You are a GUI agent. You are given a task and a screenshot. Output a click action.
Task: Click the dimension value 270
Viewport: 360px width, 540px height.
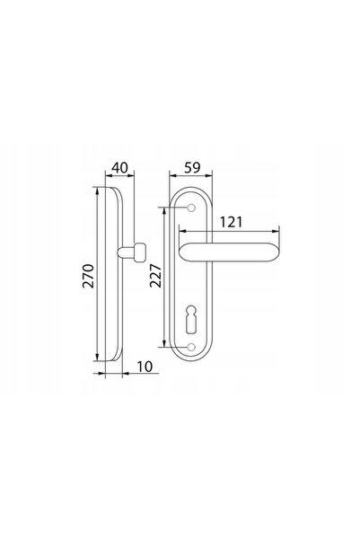pyautogui.click(x=88, y=276)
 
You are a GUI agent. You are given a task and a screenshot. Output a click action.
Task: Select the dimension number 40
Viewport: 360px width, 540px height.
pyautogui.click(x=119, y=168)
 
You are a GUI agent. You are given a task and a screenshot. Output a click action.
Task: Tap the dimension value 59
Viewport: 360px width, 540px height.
pyautogui.click(x=192, y=168)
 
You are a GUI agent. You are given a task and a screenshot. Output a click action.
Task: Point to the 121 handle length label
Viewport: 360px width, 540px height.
pyautogui.click(x=231, y=222)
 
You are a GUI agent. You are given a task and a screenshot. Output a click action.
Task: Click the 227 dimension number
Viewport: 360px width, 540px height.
pyautogui.click(x=155, y=276)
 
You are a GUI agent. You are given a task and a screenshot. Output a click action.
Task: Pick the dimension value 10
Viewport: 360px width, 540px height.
pyautogui.click(x=145, y=367)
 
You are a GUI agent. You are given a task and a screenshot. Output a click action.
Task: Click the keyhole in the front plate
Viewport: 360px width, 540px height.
pyautogui.click(x=190, y=319)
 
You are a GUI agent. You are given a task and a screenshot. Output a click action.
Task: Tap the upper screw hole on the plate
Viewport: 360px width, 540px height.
pyautogui.click(x=191, y=208)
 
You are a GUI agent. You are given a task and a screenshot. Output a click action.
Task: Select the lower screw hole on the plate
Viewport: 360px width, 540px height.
pyautogui.click(x=191, y=347)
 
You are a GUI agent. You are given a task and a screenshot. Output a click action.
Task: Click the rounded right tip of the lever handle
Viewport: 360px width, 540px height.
pyautogui.click(x=279, y=252)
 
